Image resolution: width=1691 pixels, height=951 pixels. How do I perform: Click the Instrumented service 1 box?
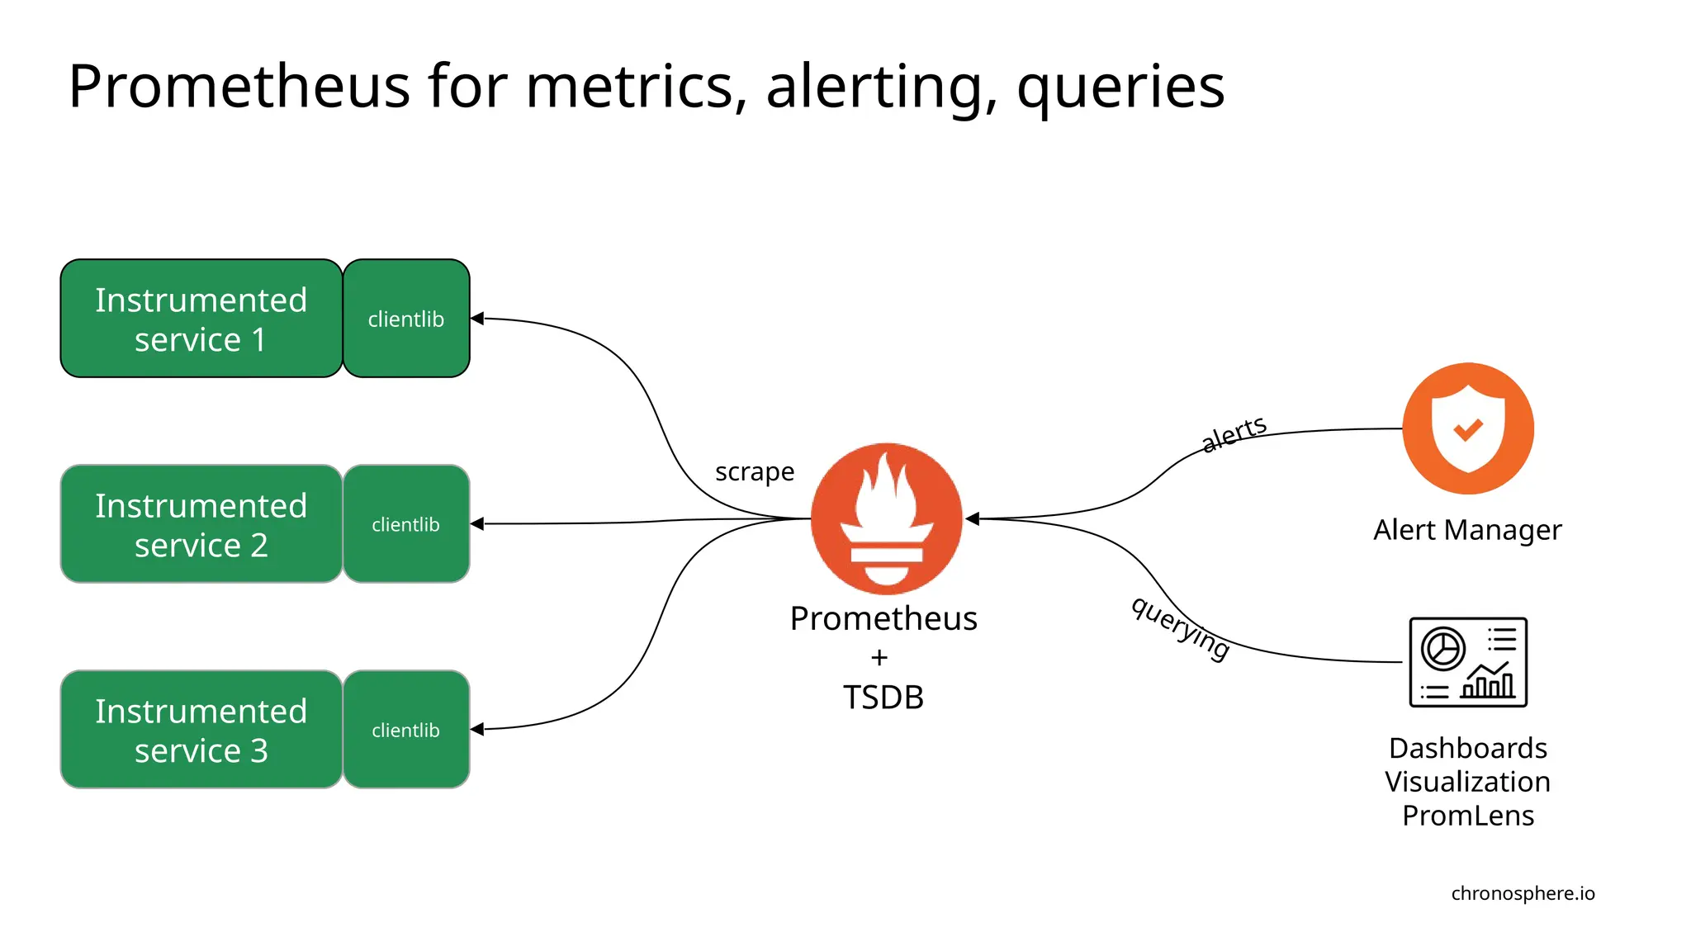coord(201,319)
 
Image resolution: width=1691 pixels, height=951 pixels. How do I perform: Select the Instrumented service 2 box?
coord(201,524)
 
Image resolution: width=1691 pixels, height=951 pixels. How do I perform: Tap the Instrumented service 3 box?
coord(201,730)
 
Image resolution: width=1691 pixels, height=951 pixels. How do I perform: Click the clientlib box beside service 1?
coord(406,319)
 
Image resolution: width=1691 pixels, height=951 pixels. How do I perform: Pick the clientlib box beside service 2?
coord(406,524)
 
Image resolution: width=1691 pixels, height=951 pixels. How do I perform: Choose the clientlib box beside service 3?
coord(406,730)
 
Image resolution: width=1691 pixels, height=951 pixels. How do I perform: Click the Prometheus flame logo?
coord(886,518)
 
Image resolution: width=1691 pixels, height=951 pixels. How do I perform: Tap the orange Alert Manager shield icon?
coord(1468,428)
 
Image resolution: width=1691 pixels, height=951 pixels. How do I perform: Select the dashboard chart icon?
coord(1468,662)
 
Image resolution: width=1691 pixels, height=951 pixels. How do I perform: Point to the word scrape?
coord(755,472)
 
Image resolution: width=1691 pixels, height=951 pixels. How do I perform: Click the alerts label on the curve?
coord(1234,433)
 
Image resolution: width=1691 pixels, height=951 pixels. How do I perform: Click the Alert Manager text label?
coord(1467,530)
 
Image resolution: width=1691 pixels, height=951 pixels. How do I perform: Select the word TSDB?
coord(883,698)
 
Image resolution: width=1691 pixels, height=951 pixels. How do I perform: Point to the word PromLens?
coord(1468,816)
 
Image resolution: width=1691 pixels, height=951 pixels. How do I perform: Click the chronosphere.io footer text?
coord(1523,893)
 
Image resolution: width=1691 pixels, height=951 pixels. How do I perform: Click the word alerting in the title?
coord(880,88)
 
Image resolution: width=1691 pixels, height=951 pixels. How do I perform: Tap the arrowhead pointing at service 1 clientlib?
coord(477,319)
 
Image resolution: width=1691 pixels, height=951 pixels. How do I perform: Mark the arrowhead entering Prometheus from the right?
coord(973,518)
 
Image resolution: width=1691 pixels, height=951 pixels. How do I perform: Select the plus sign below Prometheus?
coord(879,658)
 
